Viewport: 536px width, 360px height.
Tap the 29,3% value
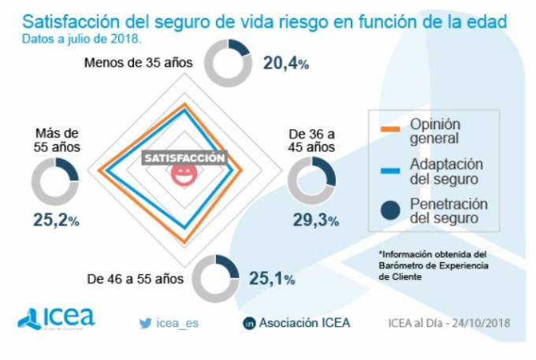tap(315, 220)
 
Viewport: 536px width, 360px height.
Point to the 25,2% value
tap(56, 221)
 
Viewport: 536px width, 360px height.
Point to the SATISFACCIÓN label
tap(184, 158)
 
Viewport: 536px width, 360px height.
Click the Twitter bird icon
tap(145, 322)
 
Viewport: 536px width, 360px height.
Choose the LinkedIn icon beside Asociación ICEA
tap(250, 323)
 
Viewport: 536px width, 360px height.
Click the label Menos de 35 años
tap(140, 63)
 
